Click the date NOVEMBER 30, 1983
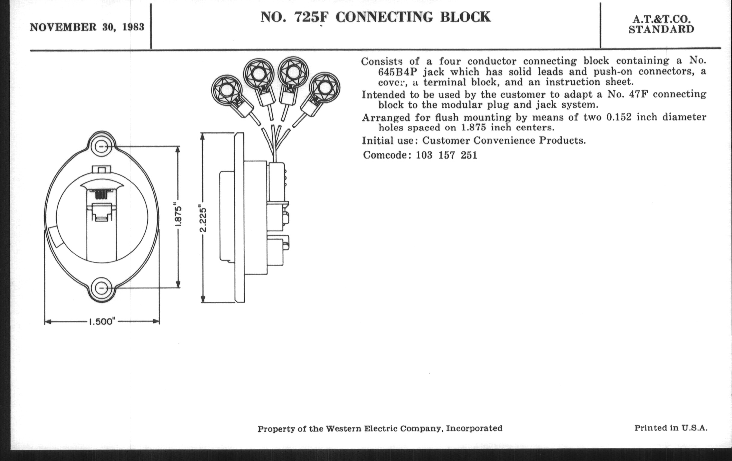coord(87,27)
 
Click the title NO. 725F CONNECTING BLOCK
coord(376,17)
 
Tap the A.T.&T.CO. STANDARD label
coord(662,24)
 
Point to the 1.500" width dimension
coord(102,321)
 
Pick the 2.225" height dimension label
coord(203,218)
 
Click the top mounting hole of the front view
coord(101,147)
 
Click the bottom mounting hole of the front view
coord(101,287)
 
